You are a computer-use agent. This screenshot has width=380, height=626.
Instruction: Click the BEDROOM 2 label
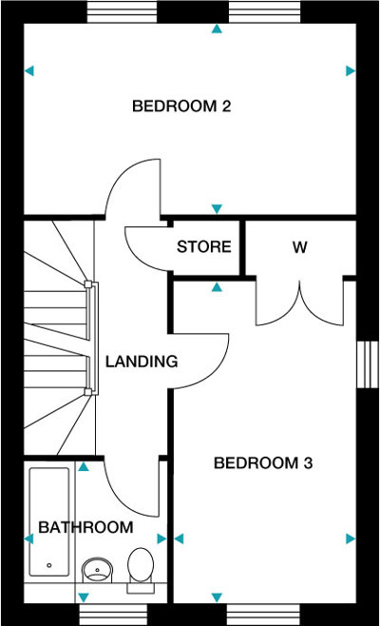[181, 107]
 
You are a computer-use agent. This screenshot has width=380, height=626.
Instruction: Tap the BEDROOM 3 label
[263, 463]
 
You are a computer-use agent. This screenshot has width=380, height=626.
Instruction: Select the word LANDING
[142, 362]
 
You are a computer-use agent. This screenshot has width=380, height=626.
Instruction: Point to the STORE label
[204, 246]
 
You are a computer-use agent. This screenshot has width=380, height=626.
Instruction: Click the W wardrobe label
[300, 247]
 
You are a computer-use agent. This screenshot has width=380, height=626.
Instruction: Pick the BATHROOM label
[85, 527]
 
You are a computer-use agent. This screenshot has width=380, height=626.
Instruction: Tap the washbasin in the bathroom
[97, 570]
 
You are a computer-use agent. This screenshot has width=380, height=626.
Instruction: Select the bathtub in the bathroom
[49, 522]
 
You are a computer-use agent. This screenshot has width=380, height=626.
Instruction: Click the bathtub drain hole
[49, 565]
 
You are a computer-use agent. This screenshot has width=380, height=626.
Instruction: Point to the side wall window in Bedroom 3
[368, 364]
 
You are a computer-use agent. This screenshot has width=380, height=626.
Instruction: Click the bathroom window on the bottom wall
[113, 614]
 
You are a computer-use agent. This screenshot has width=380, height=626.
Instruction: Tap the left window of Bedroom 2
[122, 12]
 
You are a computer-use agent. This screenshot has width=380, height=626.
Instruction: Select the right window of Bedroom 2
[264, 12]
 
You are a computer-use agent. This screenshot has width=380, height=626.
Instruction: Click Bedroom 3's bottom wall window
[263, 614]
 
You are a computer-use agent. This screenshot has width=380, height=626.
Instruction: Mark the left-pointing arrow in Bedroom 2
[29, 71]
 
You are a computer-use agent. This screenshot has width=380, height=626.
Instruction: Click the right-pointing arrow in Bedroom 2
[351, 71]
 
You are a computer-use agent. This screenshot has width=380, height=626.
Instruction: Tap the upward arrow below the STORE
[217, 287]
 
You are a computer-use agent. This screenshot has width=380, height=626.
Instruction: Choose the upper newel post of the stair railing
[88, 284]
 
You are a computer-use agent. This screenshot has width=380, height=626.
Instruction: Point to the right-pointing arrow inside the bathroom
[161, 539]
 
